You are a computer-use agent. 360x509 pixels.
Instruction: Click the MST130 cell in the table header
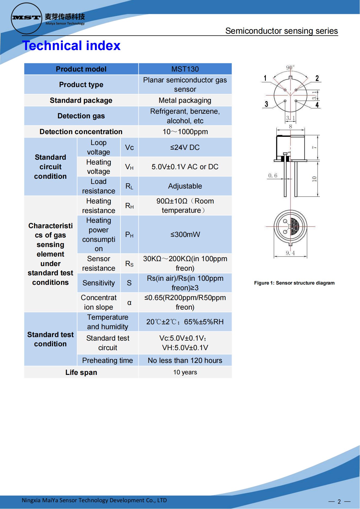click(x=185, y=69)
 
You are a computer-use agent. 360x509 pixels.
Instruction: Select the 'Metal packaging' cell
click(x=185, y=100)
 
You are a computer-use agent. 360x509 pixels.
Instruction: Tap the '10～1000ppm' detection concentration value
click(x=185, y=132)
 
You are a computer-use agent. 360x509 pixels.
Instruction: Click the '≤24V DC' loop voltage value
click(x=185, y=147)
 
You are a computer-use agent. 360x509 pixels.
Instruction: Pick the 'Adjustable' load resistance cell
click(x=185, y=186)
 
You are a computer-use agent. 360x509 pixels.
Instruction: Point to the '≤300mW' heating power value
click(x=185, y=235)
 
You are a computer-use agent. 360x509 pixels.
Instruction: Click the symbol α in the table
click(x=129, y=303)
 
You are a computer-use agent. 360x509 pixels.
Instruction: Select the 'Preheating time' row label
click(x=107, y=360)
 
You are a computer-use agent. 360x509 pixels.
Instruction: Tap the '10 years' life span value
click(x=185, y=372)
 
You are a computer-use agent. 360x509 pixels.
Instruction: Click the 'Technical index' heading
click(x=71, y=45)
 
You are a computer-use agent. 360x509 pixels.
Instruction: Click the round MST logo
click(x=26, y=18)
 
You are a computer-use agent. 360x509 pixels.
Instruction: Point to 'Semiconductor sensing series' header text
click(x=281, y=31)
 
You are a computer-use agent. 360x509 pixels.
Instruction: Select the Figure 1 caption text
click(x=294, y=283)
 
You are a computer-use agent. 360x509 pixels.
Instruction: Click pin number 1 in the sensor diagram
click(x=265, y=78)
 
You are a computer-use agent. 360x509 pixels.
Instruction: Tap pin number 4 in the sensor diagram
click(x=317, y=105)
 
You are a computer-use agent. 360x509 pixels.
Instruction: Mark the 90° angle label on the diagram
click(x=290, y=67)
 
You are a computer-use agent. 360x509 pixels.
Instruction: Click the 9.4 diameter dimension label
click(x=290, y=253)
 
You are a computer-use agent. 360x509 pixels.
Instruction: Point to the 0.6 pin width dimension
click(x=273, y=175)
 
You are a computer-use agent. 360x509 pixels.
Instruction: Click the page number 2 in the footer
click(x=339, y=501)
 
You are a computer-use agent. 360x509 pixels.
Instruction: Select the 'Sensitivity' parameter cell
click(x=99, y=283)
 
